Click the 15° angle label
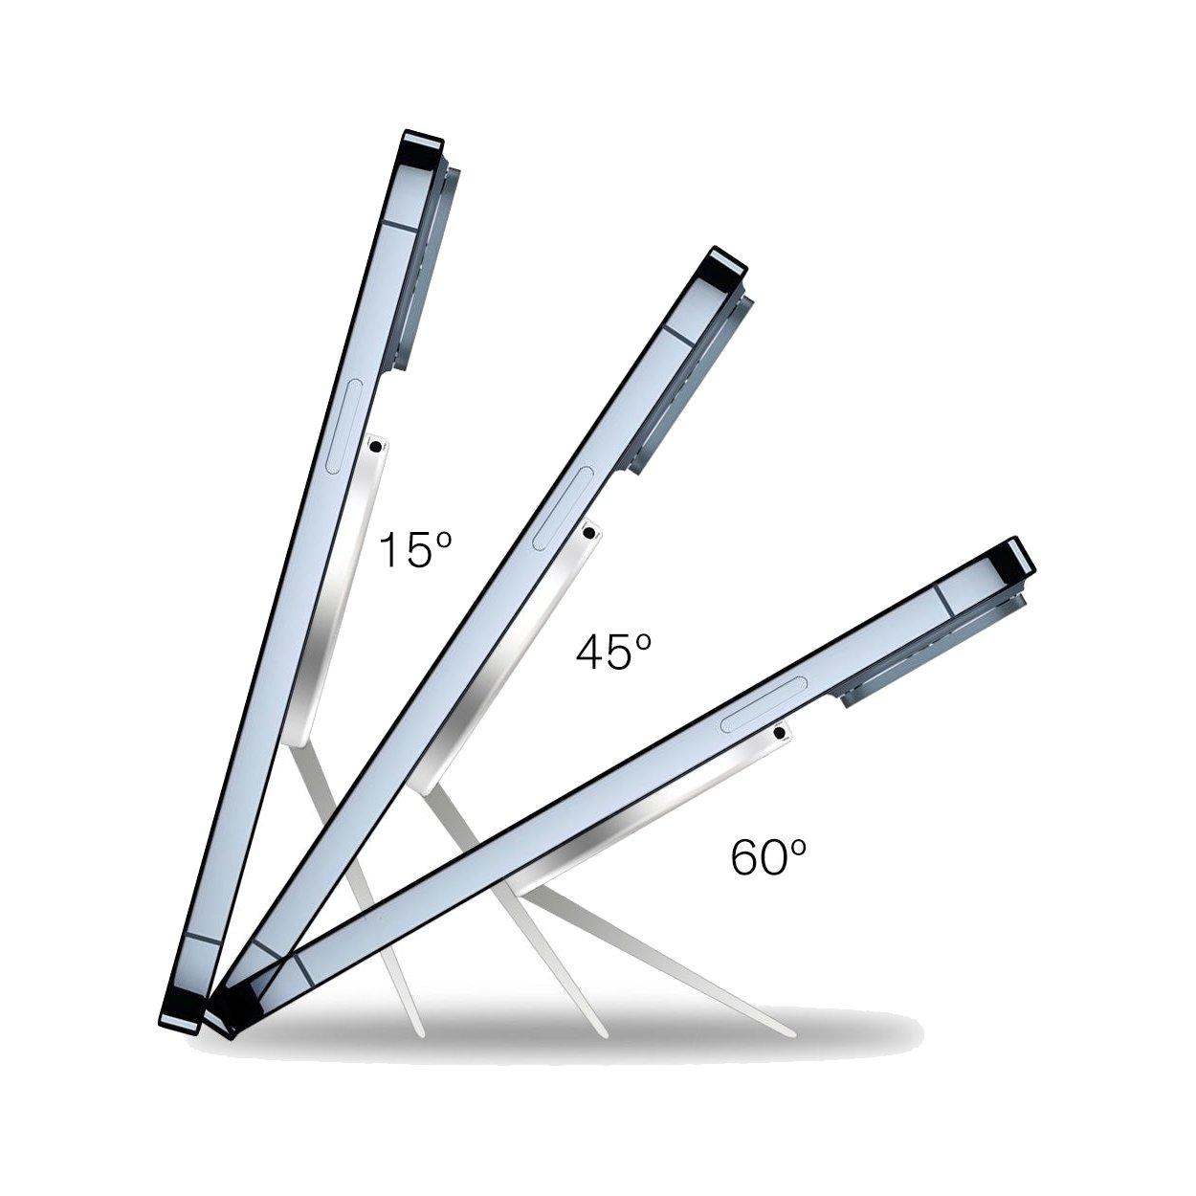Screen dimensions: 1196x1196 (414, 550)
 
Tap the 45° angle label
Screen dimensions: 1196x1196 (613, 653)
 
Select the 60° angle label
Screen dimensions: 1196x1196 (767, 856)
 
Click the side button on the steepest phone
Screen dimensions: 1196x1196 (343, 427)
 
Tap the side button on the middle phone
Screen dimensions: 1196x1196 (564, 508)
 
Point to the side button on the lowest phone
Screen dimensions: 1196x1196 (764, 704)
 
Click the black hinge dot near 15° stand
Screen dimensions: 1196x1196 (376, 447)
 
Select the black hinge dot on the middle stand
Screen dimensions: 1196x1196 (589, 532)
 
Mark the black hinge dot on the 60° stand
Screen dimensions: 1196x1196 (780, 733)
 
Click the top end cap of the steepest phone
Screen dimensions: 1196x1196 (423, 144)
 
